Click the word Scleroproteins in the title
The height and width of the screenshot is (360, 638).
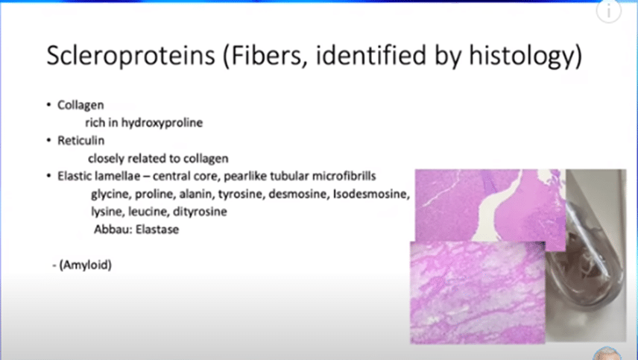point(130,55)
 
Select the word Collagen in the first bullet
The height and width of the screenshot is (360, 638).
point(80,105)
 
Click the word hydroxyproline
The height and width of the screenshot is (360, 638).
point(162,122)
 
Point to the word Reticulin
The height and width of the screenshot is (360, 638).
point(81,140)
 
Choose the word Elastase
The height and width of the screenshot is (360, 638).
point(157,230)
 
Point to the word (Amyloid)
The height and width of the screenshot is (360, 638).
point(86,265)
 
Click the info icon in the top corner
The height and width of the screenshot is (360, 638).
point(609,11)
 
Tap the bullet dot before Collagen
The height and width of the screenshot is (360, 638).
point(49,105)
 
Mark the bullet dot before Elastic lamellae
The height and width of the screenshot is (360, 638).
point(49,176)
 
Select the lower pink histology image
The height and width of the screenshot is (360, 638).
point(477,292)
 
